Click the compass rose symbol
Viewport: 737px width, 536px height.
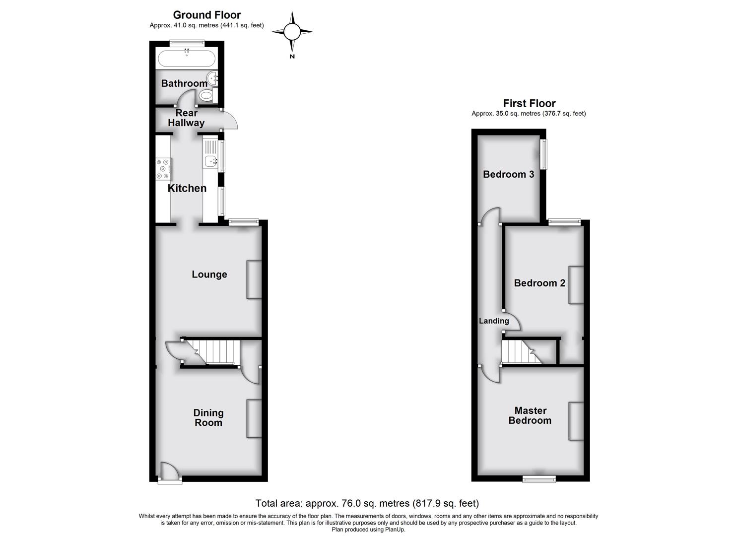[292, 32]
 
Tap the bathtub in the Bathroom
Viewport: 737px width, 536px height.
[187, 59]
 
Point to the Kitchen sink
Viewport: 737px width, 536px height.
[210, 160]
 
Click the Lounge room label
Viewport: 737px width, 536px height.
[209, 274]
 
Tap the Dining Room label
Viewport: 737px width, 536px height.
[208, 417]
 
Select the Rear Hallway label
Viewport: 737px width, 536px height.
[186, 118]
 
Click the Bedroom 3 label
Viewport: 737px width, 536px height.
[508, 174]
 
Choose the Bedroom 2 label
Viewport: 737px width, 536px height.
[539, 283]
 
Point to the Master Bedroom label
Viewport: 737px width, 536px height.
[530, 415]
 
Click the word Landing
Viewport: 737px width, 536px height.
[494, 321]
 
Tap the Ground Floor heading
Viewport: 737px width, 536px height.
[206, 15]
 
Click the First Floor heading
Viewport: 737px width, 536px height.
[529, 103]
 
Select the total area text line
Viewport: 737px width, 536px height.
[367, 503]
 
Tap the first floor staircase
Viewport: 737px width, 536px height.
[519, 352]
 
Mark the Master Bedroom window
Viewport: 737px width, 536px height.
[539, 478]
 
